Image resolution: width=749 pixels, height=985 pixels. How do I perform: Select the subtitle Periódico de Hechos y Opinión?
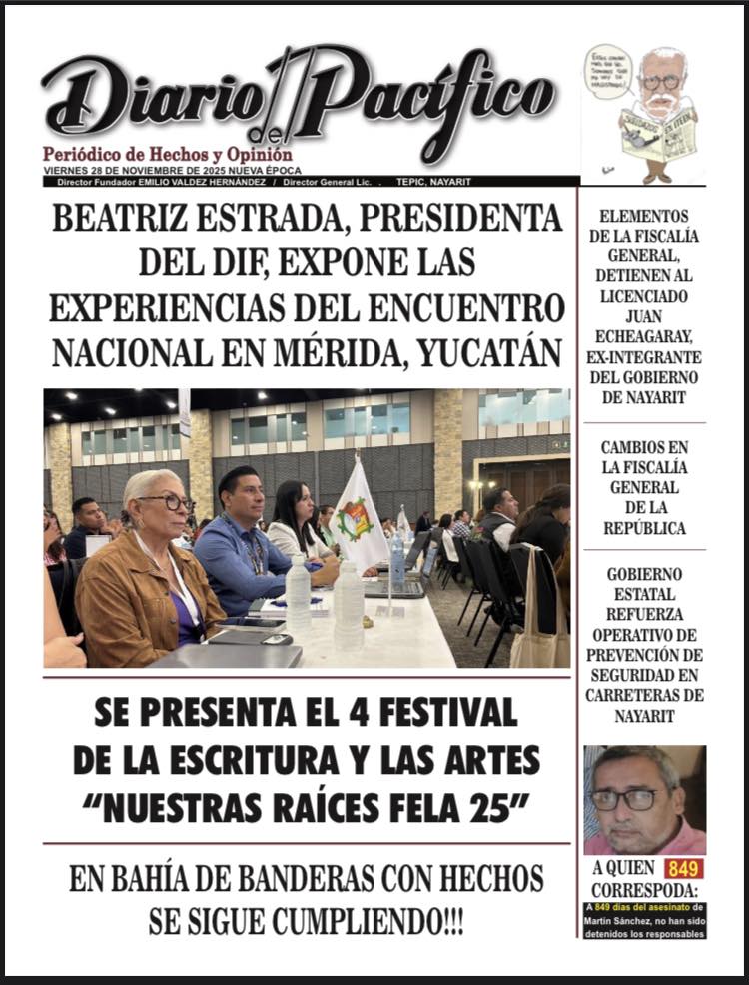tap(167, 155)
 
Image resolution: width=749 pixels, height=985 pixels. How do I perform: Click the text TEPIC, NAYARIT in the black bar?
tap(433, 182)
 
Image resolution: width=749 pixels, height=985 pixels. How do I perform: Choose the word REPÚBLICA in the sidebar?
tap(644, 528)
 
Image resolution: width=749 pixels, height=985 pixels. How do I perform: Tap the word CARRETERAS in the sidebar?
tap(644, 695)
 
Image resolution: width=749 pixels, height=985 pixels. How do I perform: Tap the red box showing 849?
tap(684, 869)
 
